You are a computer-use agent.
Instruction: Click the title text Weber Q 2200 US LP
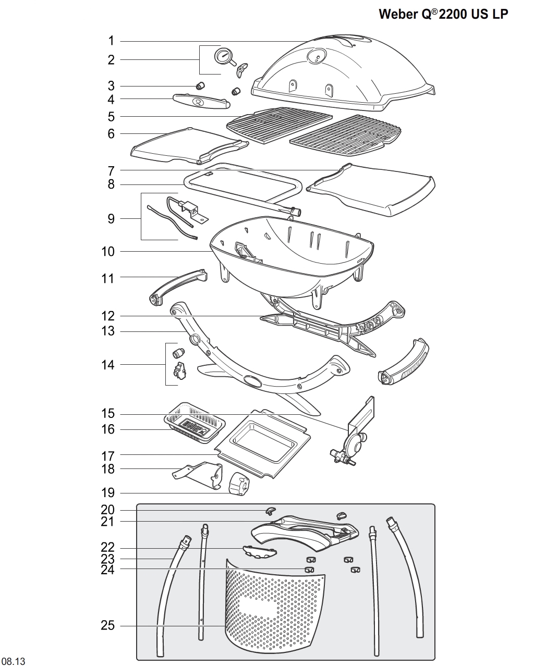click(x=443, y=14)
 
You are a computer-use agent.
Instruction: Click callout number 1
click(x=111, y=41)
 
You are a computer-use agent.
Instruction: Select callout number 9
click(x=111, y=218)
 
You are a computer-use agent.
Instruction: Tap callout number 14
click(x=108, y=365)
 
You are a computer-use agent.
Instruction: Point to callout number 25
click(x=107, y=625)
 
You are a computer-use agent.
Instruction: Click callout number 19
click(x=108, y=492)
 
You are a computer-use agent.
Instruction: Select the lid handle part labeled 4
click(x=201, y=101)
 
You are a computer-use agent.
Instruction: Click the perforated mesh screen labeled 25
click(x=274, y=610)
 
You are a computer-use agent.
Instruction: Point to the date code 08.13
click(x=13, y=661)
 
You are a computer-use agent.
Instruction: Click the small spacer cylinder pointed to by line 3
click(x=201, y=85)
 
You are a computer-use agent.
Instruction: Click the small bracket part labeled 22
click(x=259, y=550)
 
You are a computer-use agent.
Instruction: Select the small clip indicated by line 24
click(x=310, y=570)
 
